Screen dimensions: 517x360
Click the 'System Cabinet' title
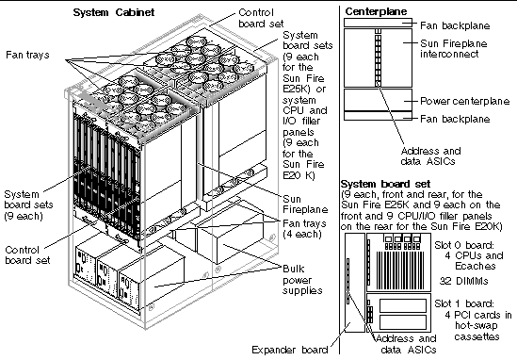click(x=113, y=12)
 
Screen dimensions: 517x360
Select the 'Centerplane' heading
click(x=376, y=11)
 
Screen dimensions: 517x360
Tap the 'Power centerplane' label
click(x=465, y=101)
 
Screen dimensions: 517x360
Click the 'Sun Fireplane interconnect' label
click(x=453, y=48)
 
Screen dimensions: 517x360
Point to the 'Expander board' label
click(x=290, y=350)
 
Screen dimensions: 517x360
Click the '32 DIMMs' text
click(x=464, y=281)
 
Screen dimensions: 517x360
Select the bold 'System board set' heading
click(x=386, y=184)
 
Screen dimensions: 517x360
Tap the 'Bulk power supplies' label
click(x=302, y=280)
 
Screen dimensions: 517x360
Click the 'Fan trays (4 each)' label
click(x=304, y=229)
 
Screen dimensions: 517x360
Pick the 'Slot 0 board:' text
click(x=464, y=245)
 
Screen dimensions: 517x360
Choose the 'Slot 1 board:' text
click(x=464, y=303)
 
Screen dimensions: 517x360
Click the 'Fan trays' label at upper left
click(x=27, y=55)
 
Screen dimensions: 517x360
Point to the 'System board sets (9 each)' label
click(x=28, y=205)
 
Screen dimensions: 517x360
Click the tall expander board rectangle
click(x=355, y=283)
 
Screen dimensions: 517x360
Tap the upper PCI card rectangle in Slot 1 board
click(x=403, y=305)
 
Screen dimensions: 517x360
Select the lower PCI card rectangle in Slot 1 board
click(x=403, y=321)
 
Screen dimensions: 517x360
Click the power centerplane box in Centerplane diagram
click(x=378, y=100)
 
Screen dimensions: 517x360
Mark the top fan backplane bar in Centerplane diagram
click(x=378, y=23)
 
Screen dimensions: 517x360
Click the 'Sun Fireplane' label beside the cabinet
click(x=305, y=205)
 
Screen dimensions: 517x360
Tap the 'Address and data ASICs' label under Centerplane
click(x=430, y=156)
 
